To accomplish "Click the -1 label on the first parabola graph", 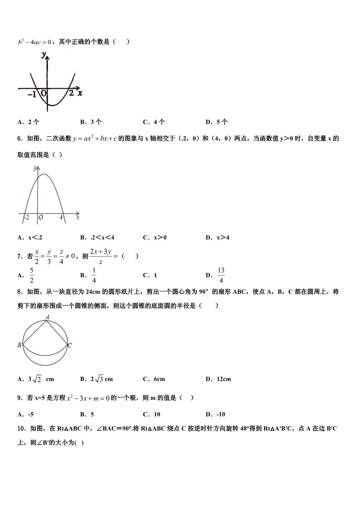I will pos(32,94).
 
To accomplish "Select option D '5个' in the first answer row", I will pos(222,122).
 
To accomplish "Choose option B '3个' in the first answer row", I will pos(96,122).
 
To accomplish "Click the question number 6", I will pos(20,139).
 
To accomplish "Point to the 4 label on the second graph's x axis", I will pos(61,217).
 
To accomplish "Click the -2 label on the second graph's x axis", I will pos(26,217).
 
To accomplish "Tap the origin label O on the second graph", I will pos(41,217).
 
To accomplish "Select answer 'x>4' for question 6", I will pos(223,238).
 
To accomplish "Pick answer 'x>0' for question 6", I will pos(160,238).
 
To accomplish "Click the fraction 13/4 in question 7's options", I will pos(221,275).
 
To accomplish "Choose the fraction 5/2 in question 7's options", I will pos(32,275).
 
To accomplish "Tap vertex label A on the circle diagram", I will pos(48,317).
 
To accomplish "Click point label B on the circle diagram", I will pos(19,345).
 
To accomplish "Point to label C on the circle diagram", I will pos(70,345).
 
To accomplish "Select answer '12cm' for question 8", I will pos(224,379).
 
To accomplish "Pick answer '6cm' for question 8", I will pos(159,379).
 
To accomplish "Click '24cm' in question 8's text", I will pos(93,292).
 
